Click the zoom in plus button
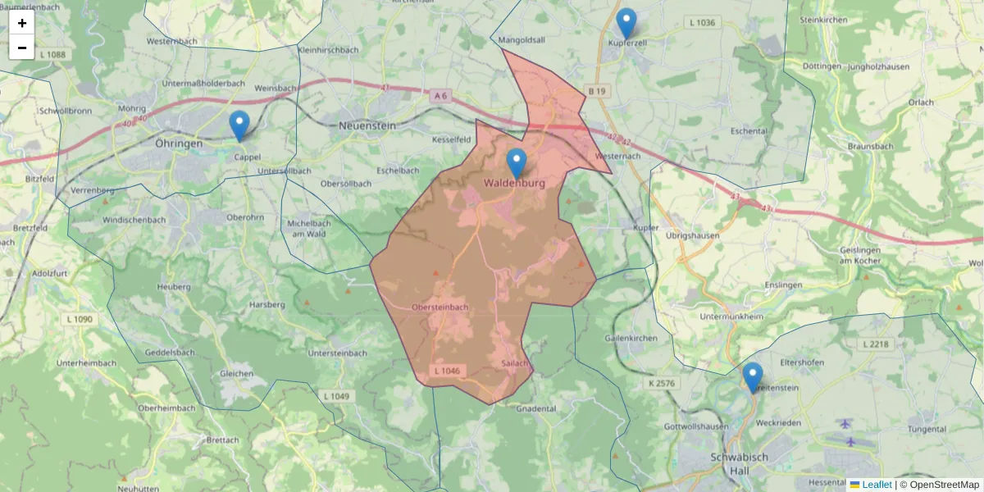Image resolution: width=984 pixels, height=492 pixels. (22, 23)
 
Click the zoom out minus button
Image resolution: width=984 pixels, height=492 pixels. (22, 48)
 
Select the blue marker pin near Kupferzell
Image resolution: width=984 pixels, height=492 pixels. (626, 23)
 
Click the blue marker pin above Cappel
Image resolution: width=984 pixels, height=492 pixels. (239, 125)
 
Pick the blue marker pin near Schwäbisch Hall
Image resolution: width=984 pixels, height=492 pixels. (752, 377)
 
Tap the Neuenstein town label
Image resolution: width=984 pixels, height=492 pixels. (367, 126)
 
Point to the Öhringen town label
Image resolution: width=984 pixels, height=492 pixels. (178, 143)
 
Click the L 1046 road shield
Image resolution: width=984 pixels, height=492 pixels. (449, 371)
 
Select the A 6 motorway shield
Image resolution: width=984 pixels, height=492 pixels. (441, 96)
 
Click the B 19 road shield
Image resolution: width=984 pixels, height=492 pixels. (596, 90)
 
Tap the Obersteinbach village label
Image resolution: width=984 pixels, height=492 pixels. (440, 307)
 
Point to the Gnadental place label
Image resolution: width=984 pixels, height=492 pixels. (536, 408)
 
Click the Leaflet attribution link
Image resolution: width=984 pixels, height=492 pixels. (877, 485)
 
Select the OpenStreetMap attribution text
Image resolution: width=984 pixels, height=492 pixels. (939, 485)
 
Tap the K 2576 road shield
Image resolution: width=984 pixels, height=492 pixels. (661, 383)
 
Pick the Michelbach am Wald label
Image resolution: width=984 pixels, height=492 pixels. (308, 229)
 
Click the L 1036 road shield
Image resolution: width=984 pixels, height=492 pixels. (704, 23)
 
